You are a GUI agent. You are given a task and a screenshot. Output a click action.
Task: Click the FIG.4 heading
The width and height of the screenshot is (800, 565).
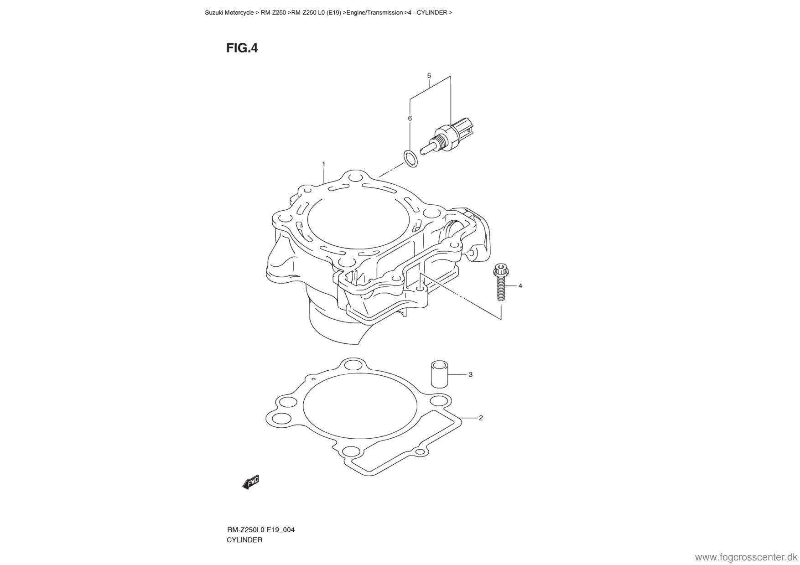[242, 48]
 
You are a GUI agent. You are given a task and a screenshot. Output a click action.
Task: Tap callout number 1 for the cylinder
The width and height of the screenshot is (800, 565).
[323, 164]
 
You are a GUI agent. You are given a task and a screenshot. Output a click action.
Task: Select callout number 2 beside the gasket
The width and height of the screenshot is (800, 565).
[481, 418]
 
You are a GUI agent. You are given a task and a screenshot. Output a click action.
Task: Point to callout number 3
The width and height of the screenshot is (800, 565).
[470, 375]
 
